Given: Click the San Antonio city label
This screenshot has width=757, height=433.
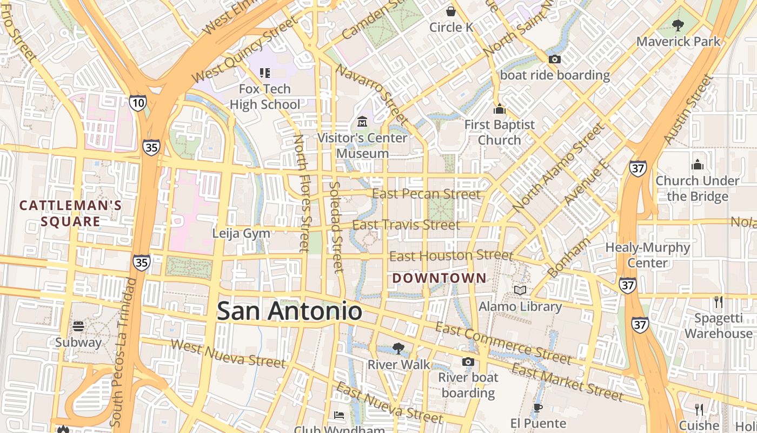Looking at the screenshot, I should point(289,311).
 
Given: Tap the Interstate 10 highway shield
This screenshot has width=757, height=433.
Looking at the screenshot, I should point(138,102).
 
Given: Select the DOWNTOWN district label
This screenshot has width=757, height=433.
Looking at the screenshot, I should point(439,278).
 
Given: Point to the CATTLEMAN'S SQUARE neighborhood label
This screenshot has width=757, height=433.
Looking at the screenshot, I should point(70,213).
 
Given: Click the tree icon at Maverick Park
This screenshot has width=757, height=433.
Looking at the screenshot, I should point(678,25).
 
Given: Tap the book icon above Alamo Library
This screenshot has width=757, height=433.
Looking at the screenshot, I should point(520,291).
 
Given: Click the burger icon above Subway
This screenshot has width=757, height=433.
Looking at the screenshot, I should point(78,326).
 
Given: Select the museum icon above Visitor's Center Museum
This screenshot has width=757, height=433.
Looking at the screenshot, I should point(362,122).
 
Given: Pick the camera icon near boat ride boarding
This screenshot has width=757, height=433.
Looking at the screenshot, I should point(554,60).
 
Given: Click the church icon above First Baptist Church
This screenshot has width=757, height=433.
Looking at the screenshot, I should point(499,109).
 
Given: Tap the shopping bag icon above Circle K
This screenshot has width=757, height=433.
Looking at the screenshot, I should point(451,11).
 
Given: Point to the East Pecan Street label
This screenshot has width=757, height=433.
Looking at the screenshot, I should point(427,194).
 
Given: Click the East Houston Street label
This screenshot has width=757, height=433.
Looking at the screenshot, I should point(451,255).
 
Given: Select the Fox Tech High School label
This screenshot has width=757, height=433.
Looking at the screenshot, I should point(265,96).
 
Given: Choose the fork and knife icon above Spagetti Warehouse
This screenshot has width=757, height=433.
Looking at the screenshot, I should point(719,302).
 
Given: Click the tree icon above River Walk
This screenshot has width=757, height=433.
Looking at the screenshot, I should point(399,348).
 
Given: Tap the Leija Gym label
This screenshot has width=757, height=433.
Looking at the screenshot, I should point(241,233).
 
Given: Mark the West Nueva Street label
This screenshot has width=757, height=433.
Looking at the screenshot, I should point(228,353).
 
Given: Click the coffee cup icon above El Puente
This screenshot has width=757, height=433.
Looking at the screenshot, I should point(537,408).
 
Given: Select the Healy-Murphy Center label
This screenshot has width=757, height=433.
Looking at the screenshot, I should point(648,255).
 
